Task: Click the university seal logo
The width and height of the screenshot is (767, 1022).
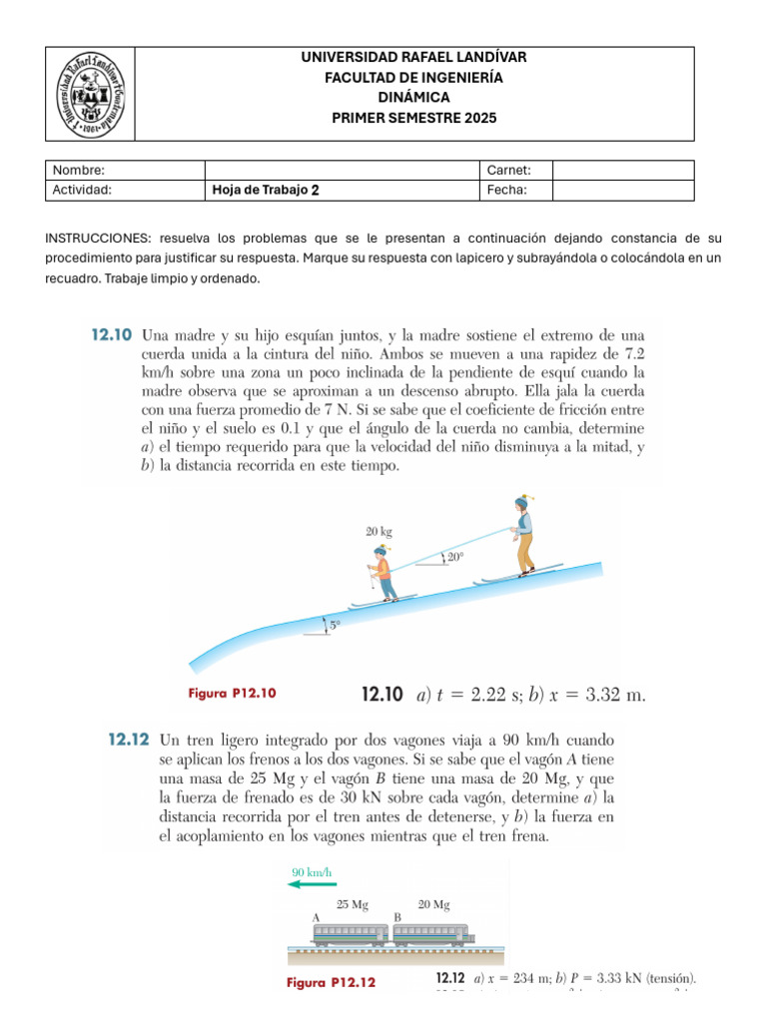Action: pyautogui.click(x=91, y=93)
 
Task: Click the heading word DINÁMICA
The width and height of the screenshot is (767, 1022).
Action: pyautogui.click(x=413, y=97)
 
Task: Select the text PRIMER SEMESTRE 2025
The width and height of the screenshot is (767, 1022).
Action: pyautogui.click(x=413, y=118)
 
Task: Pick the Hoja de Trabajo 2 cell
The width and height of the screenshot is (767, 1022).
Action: pyautogui.click(x=267, y=191)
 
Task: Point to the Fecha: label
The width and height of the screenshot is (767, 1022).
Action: pyautogui.click(x=507, y=191)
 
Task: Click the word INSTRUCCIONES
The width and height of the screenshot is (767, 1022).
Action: pyautogui.click(x=96, y=240)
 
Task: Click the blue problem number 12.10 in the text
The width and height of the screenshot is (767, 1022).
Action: pyautogui.click(x=109, y=337)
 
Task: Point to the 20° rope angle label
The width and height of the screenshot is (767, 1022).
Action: pyautogui.click(x=454, y=559)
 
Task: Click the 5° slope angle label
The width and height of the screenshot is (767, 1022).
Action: pyautogui.click(x=335, y=626)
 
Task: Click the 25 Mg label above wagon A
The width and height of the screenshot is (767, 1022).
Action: pyautogui.click(x=351, y=905)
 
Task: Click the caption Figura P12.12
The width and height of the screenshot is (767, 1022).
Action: pyautogui.click(x=331, y=982)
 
